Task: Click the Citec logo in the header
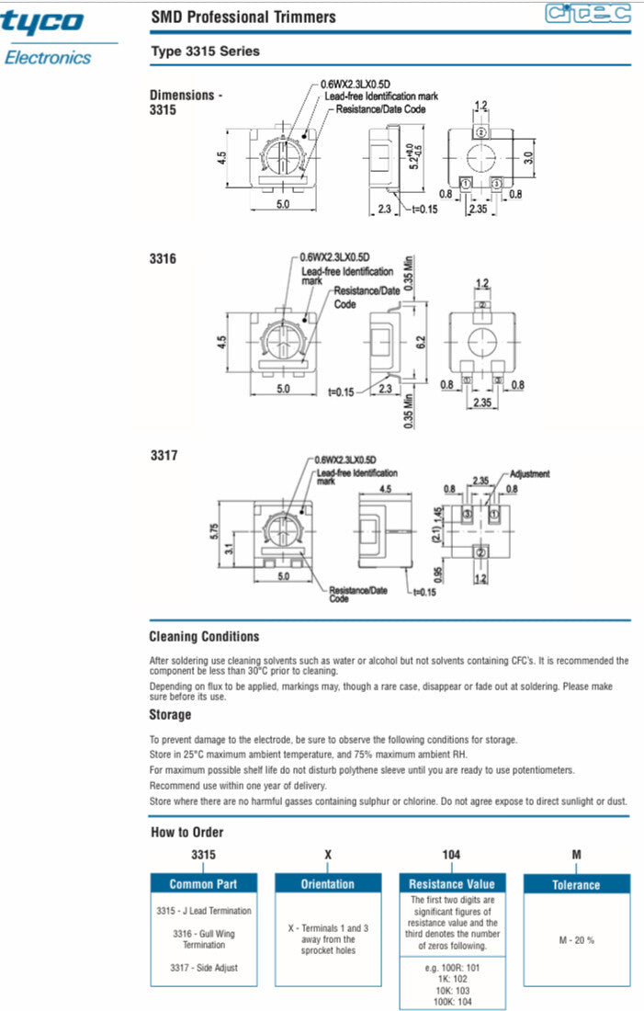tap(587, 14)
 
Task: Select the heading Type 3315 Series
tap(205, 51)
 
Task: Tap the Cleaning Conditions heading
tap(204, 637)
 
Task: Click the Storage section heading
tap(170, 714)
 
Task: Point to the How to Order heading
tap(186, 833)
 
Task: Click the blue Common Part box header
tap(203, 884)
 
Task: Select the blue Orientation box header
tap(328, 884)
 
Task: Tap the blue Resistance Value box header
tap(452, 884)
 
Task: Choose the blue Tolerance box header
tap(576, 885)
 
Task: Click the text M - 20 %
tap(577, 940)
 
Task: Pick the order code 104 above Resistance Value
tap(451, 855)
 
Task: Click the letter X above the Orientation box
tap(328, 855)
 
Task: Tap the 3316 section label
tap(163, 259)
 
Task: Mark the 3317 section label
tap(163, 455)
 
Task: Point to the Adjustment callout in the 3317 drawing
tap(529, 474)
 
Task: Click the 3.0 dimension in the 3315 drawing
tap(528, 157)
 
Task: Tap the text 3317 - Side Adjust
tap(203, 968)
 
